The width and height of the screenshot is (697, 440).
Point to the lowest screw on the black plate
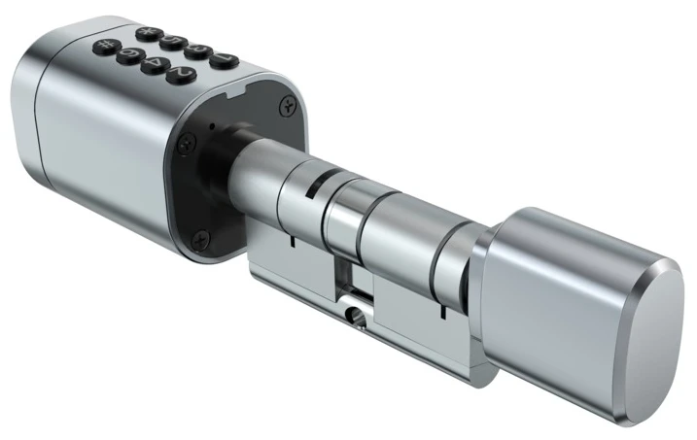pyautogui.click(x=200, y=234)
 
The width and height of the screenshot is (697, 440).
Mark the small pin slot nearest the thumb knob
pyautogui.click(x=440, y=313)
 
